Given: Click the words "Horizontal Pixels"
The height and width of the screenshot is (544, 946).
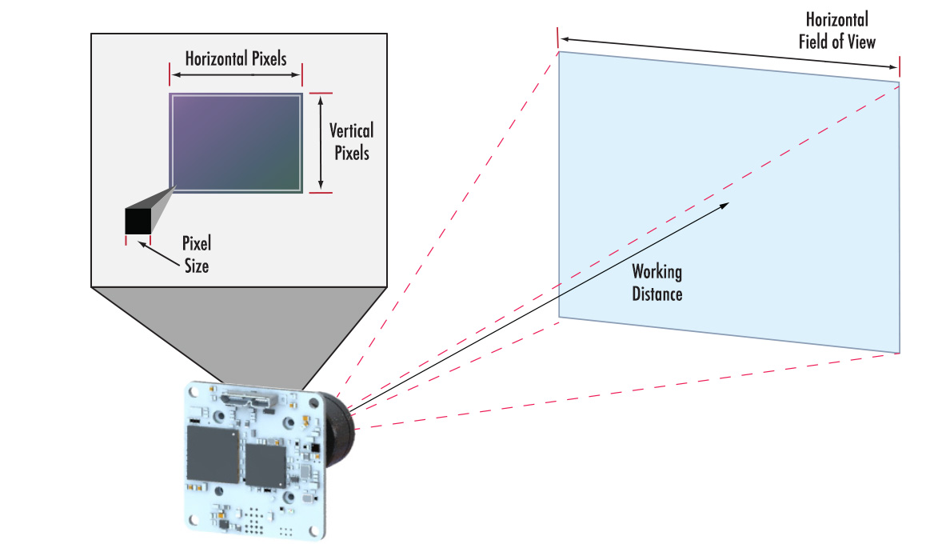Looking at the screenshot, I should (x=236, y=58).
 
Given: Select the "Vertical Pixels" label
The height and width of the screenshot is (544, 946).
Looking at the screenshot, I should (x=351, y=141).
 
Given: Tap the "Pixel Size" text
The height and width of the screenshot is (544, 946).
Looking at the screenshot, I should (x=196, y=254).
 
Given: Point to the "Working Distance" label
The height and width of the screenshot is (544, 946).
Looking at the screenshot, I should (x=657, y=282).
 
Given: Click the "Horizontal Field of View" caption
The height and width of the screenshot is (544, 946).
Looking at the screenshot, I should (x=836, y=30).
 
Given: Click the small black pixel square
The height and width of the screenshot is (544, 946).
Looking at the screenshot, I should (x=138, y=221).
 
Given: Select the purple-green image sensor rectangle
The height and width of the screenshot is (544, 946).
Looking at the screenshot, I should (x=236, y=142).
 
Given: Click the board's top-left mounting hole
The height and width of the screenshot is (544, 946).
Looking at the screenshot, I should (x=192, y=393).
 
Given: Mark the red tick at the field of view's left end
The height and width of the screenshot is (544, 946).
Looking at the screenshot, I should (x=557, y=37).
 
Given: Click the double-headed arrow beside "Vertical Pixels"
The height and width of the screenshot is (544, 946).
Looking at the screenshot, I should (x=320, y=142).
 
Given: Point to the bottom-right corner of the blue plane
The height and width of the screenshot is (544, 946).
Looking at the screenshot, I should (x=899, y=351).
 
